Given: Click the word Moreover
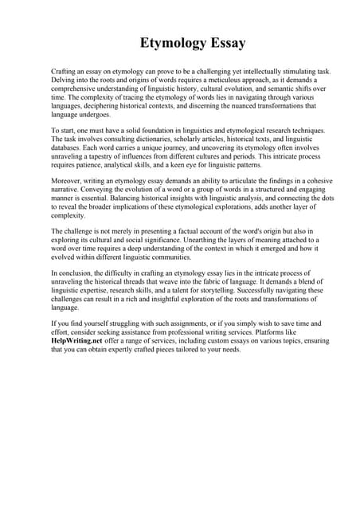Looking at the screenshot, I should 68,182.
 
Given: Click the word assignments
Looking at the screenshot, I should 161,324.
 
